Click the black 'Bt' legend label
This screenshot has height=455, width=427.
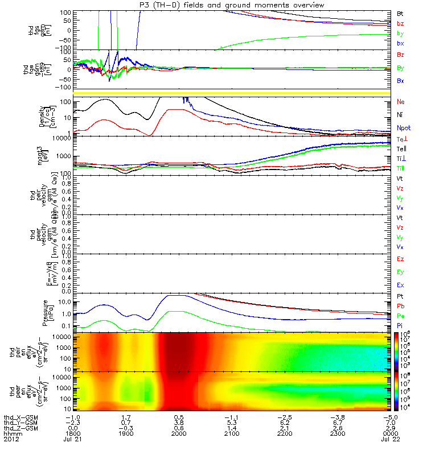pos(400,13)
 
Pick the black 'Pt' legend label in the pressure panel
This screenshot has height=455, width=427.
pos(400,296)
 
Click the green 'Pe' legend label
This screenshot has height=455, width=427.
pos(401,315)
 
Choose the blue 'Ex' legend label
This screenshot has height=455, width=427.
pos(401,284)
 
